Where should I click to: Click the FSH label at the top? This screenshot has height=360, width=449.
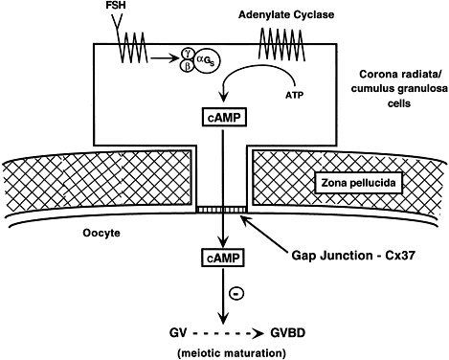click(116, 6)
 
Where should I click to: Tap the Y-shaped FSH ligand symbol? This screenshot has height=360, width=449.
click(117, 22)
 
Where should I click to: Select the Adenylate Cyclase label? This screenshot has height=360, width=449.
click(286, 14)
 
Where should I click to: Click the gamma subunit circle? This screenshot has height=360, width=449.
click(188, 54)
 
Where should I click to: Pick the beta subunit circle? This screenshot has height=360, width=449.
click(188, 66)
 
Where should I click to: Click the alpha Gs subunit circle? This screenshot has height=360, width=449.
click(207, 60)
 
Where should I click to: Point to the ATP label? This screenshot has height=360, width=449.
click(294, 95)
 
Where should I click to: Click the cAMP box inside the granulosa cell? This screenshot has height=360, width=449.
click(225, 118)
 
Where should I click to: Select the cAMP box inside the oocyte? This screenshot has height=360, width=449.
click(223, 258)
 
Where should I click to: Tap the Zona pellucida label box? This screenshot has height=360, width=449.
click(358, 183)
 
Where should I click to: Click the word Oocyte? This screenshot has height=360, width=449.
click(101, 233)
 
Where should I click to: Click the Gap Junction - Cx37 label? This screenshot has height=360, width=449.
click(353, 256)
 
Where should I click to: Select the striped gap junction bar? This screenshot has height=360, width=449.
click(222, 210)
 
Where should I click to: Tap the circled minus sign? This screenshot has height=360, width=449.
click(237, 294)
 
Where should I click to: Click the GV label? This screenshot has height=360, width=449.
click(178, 333)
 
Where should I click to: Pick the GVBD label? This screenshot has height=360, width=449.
click(288, 333)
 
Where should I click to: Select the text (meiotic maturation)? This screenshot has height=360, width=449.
click(232, 353)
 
